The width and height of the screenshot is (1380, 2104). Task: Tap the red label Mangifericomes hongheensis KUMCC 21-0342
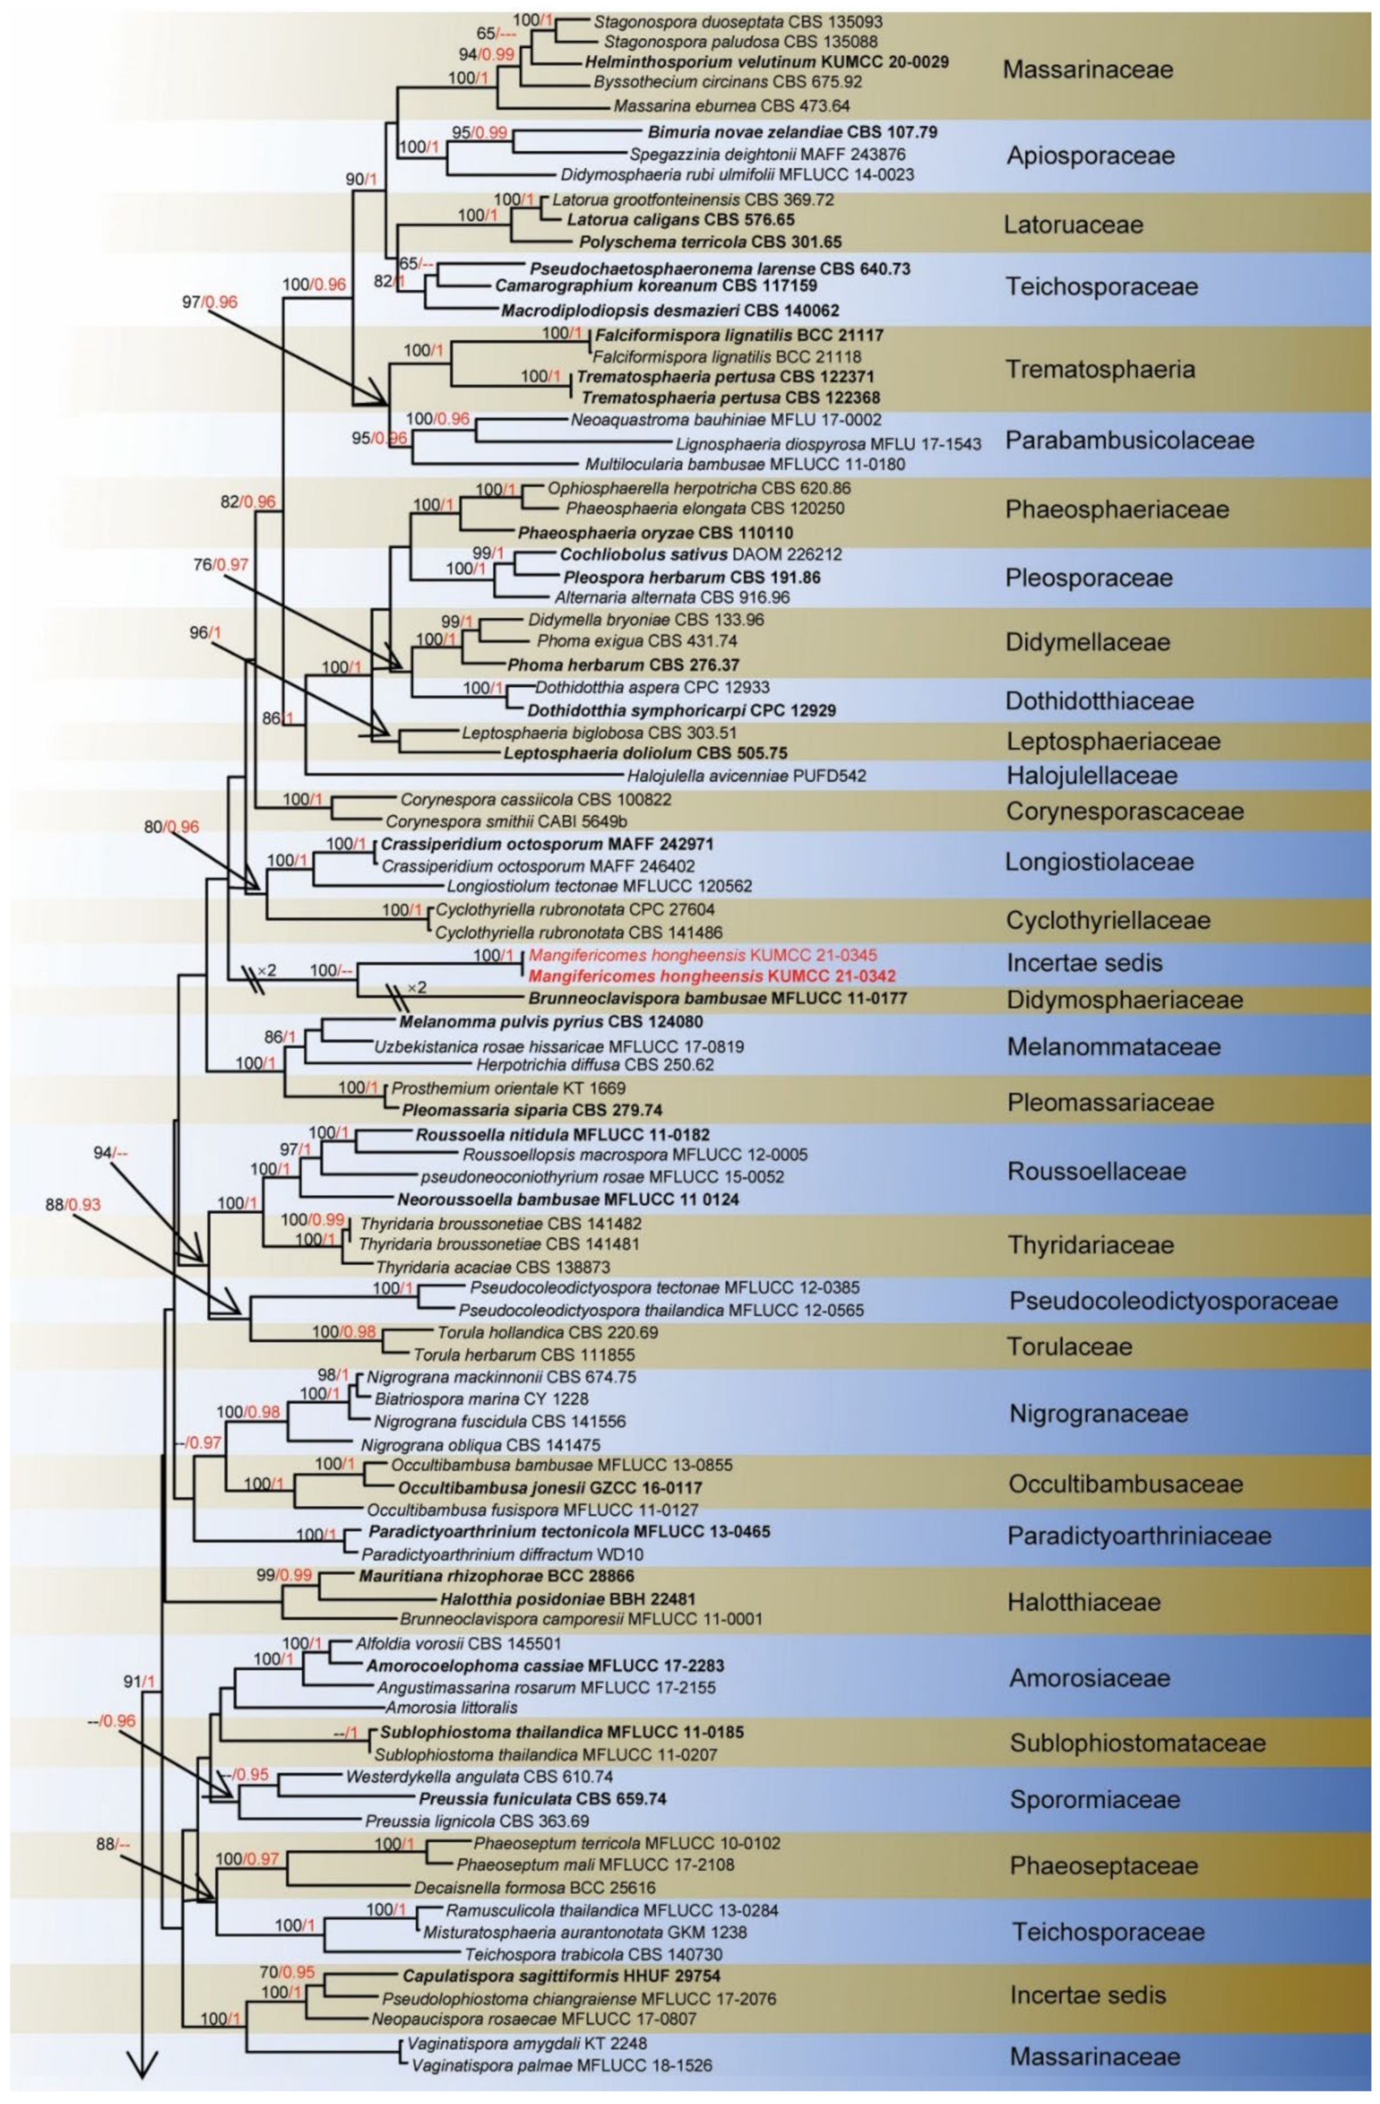coord(712,977)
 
